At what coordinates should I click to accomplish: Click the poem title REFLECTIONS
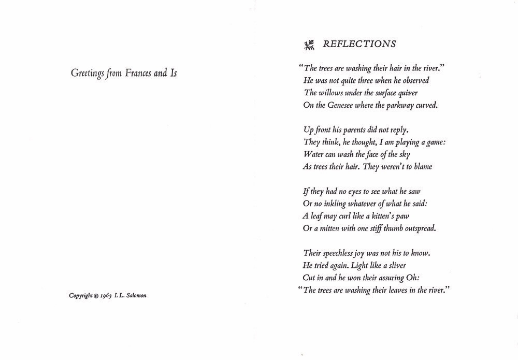click(x=359, y=45)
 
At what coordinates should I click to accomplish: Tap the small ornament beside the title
click(x=310, y=46)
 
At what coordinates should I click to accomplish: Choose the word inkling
click(x=336, y=204)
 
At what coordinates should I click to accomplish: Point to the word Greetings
click(x=88, y=74)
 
